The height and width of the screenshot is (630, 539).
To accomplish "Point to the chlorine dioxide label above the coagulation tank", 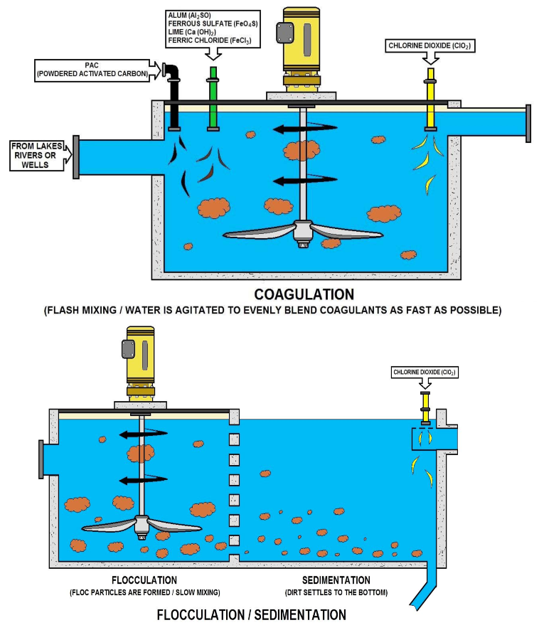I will [430, 46].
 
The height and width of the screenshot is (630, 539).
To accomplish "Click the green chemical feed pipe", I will [213, 100].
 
